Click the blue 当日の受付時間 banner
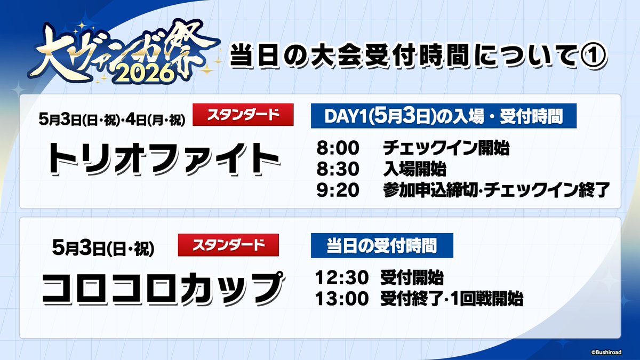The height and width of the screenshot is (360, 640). (382, 246)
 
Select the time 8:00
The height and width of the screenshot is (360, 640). (338, 148)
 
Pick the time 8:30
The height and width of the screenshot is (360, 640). (338, 170)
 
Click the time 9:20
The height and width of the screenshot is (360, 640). (338, 191)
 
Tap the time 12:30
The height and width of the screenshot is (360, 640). (342, 278)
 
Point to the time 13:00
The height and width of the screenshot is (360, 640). (342, 299)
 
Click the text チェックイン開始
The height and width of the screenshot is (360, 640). (446, 148)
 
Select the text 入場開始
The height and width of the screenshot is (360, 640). (414, 170)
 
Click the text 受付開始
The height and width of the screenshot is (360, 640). (412, 278)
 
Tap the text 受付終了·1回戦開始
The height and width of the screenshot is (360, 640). (451, 299)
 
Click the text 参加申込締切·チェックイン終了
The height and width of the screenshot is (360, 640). (496, 191)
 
